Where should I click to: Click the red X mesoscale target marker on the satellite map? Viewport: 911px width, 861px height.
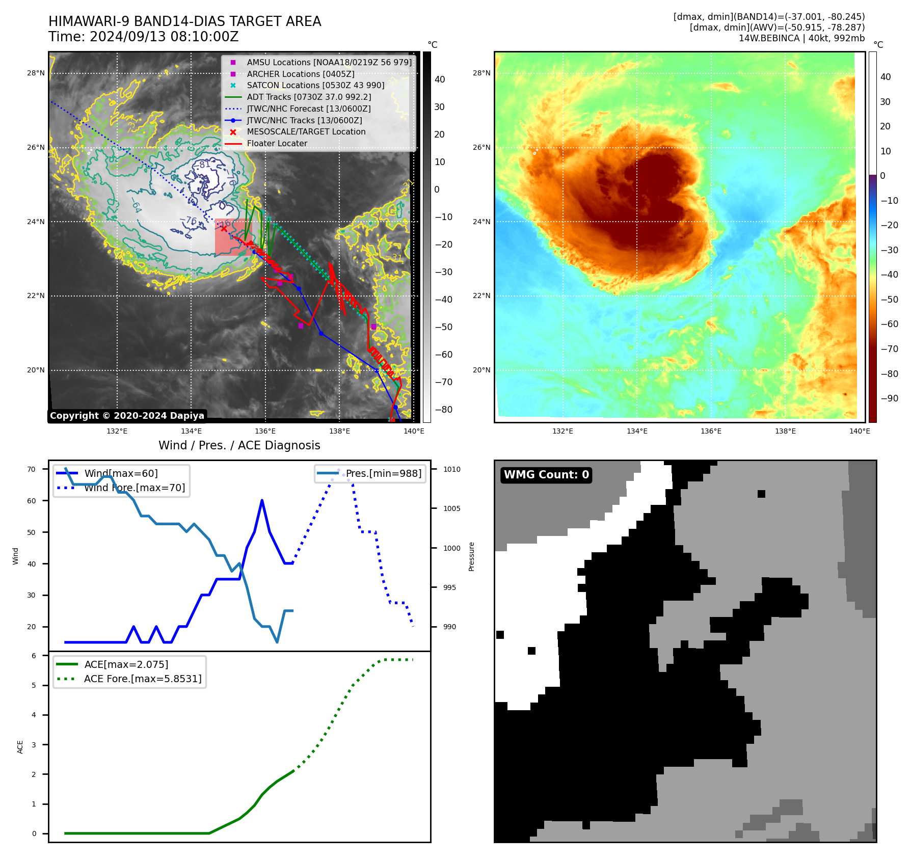(x=224, y=229)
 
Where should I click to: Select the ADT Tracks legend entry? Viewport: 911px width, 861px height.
(x=309, y=97)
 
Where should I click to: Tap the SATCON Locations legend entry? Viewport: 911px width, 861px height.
(x=315, y=86)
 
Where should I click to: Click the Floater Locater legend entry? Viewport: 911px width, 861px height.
(x=277, y=144)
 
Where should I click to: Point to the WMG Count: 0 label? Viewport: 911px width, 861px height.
(x=546, y=475)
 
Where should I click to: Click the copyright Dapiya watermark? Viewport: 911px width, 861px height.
(x=127, y=416)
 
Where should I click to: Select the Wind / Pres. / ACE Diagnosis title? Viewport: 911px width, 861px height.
(x=239, y=445)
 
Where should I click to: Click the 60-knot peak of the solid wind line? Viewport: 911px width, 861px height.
(x=262, y=500)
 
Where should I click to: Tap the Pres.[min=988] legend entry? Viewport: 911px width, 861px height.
(x=383, y=473)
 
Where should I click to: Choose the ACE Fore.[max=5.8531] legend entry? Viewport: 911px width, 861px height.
(x=142, y=679)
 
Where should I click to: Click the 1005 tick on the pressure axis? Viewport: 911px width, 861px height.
(x=451, y=508)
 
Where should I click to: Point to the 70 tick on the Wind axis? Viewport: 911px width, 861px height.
(x=32, y=469)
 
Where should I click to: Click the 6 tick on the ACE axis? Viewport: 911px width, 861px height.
(x=34, y=656)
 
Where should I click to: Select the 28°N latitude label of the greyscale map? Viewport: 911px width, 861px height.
(x=36, y=73)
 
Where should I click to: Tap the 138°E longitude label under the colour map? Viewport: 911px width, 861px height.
(x=785, y=431)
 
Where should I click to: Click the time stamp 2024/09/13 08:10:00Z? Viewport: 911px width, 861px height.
(x=164, y=37)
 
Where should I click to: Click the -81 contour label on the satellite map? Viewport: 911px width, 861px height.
(x=204, y=165)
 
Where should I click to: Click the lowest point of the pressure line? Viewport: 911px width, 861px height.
(x=277, y=642)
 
